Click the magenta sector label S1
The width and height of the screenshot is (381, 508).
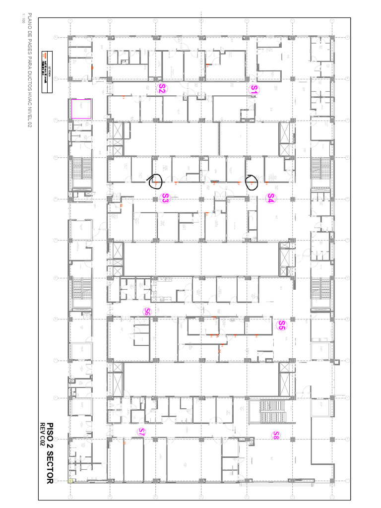(254, 89)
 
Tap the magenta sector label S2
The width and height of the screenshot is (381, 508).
(162, 89)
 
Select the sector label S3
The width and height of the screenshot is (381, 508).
(166, 198)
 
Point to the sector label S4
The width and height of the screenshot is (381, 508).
(270, 198)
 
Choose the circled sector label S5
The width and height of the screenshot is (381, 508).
(281, 325)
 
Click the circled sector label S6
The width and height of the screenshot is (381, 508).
(147, 312)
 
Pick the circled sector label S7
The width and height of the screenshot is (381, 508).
(141, 432)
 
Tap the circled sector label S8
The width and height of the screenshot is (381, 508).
(276, 435)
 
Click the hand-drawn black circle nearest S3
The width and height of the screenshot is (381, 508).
(156, 183)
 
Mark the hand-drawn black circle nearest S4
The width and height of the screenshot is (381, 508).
(252, 183)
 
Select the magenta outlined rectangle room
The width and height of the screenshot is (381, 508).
(81, 109)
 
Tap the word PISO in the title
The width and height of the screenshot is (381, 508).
(51, 422)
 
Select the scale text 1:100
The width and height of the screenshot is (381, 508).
(22, 20)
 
